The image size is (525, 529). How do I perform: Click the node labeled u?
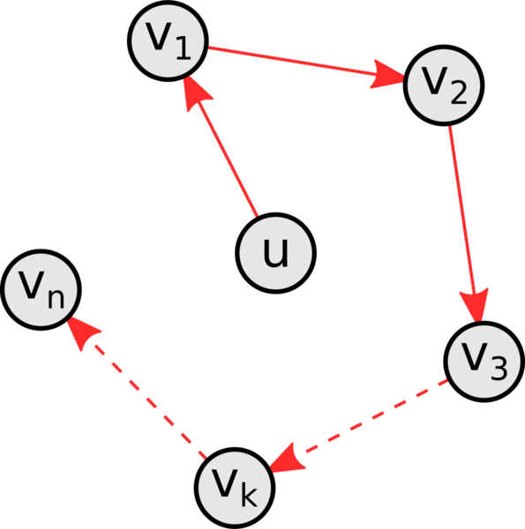click(x=275, y=253)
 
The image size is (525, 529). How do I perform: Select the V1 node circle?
click(x=168, y=41)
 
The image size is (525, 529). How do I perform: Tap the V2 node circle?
click(x=444, y=86)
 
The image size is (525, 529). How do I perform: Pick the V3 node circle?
click(x=484, y=361)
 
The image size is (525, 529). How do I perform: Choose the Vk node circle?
click(x=235, y=488)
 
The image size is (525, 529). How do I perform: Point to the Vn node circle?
click(x=41, y=290)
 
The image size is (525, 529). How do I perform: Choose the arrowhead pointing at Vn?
click(x=82, y=333)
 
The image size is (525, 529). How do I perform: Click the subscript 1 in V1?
click(x=184, y=48)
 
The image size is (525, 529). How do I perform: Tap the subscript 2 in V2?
click(x=459, y=92)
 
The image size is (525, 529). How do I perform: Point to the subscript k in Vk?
click(x=250, y=494)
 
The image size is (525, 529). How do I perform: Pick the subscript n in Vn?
click(x=56, y=299)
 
